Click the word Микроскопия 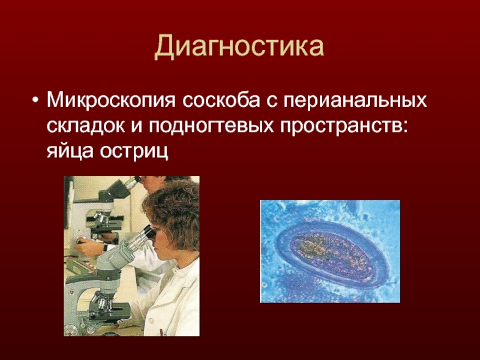(x=112, y=100)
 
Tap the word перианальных (x=355, y=101)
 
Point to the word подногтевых (x=212, y=126)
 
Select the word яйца (x=70, y=152)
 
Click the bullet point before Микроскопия (x=36, y=101)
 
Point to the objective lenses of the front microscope (x=103, y=300)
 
